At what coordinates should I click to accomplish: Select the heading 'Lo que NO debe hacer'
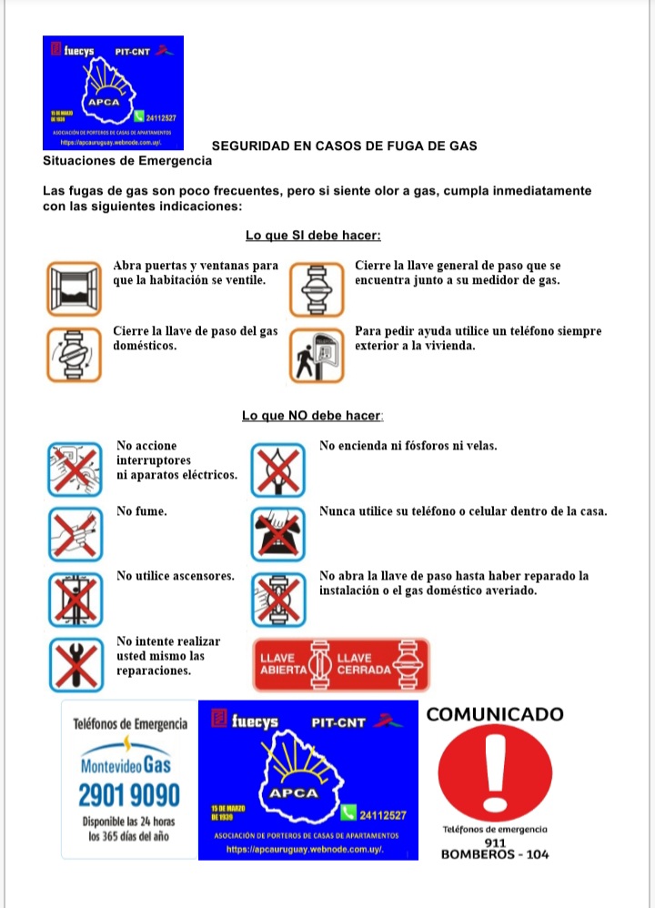click(312, 416)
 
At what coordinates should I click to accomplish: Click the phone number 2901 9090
click(129, 795)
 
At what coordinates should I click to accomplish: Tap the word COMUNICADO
click(494, 714)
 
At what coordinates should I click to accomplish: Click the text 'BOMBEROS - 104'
click(494, 854)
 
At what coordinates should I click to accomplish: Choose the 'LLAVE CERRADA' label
click(364, 663)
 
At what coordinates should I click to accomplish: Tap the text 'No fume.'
click(142, 511)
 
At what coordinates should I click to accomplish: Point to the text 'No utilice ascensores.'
click(176, 576)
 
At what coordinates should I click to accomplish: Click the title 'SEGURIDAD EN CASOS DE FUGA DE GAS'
click(345, 146)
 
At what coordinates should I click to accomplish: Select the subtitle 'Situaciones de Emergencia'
click(126, 161)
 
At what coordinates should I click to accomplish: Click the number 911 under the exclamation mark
click(496, 842)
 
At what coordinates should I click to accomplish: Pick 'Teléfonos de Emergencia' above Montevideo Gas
click(130, 724)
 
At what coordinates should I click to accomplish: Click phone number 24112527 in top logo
click(160, 118)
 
